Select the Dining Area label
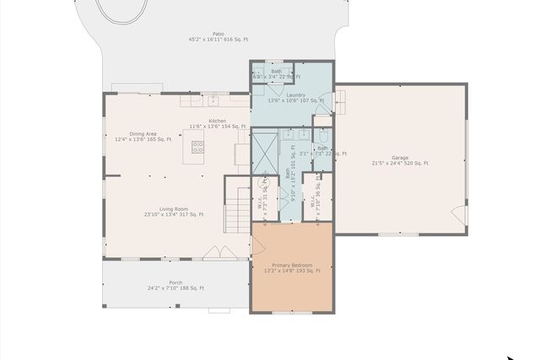point(143,137)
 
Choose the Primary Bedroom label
point(292,267)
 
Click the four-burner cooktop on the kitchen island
point(198,149)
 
